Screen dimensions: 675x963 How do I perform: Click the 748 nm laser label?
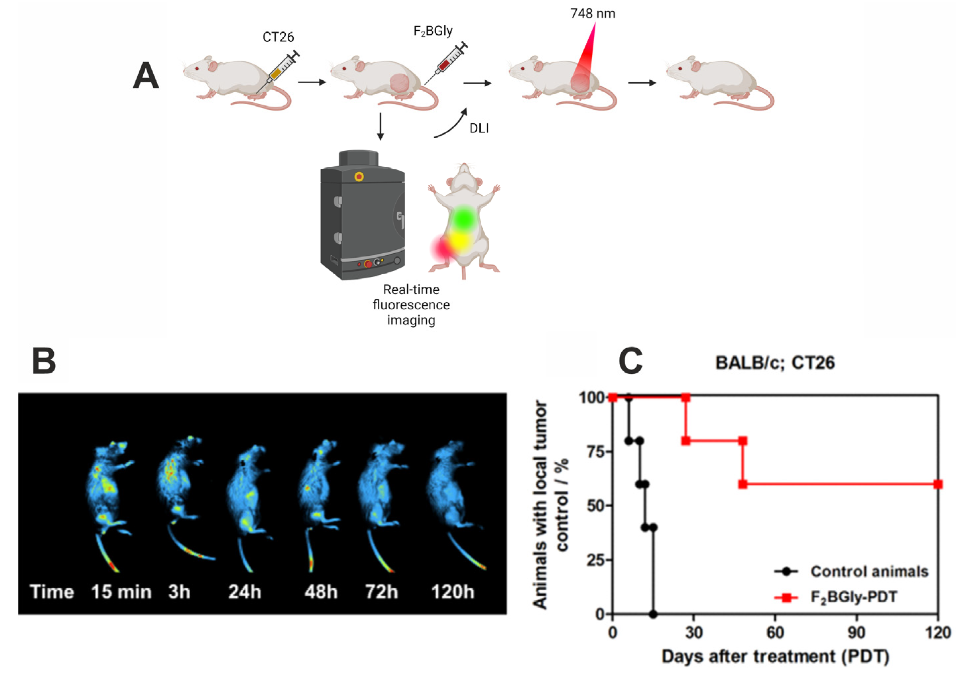point(592,14)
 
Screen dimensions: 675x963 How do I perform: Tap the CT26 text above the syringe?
point(278,37)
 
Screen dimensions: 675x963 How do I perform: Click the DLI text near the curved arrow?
point(479,128)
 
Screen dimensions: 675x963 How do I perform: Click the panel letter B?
point(44,361)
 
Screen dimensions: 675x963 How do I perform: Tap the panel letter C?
point(630,361)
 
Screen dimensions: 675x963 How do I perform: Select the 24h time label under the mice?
point(245,592)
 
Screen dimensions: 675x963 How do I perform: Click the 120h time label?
point(453,592)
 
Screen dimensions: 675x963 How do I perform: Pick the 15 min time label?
point(121,592)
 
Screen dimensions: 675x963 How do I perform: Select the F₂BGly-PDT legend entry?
point(853,597)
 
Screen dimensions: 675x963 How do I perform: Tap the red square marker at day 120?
point(938,485)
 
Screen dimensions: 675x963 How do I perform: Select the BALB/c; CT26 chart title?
point(775,363)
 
